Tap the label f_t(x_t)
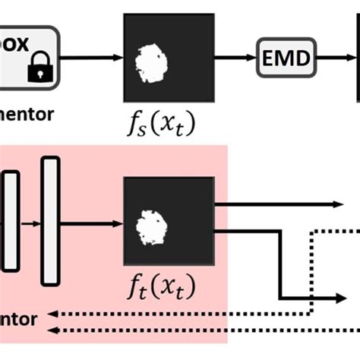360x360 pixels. (161, 288)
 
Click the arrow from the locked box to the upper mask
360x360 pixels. (92, 56)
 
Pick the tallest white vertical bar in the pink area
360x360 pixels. (50, 220)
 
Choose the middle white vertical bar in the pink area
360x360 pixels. (10, 221)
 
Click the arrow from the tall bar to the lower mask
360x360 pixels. (92, 223)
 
